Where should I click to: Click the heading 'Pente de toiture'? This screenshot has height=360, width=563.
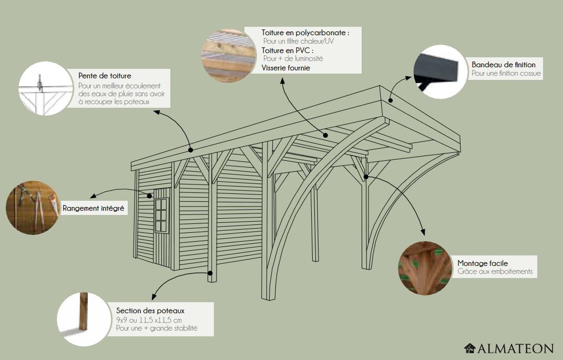point(105,76)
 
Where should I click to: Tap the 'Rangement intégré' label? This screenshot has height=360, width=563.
point(94,209)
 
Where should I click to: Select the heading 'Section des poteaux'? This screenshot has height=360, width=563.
point(150,311)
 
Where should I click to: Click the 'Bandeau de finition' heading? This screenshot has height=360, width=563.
point(504,65)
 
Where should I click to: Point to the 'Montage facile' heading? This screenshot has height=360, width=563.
point(483,263)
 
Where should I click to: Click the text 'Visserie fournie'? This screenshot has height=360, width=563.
point(285,68)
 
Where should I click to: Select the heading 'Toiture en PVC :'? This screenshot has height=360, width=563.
point(289,50)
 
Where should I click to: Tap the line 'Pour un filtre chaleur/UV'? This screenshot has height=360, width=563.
point(298,41)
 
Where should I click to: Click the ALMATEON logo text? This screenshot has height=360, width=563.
point(515,348)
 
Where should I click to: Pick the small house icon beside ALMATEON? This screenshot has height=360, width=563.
point(470,348)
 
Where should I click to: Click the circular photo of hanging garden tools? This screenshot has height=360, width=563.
point(31,208)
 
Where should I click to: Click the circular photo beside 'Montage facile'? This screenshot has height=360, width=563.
point(425,268)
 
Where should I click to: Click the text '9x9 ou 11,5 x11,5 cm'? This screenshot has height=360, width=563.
point(149,320)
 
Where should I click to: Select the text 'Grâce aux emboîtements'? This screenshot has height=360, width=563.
point(495,272)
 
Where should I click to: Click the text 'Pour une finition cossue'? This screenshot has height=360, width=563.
point(506,74)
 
